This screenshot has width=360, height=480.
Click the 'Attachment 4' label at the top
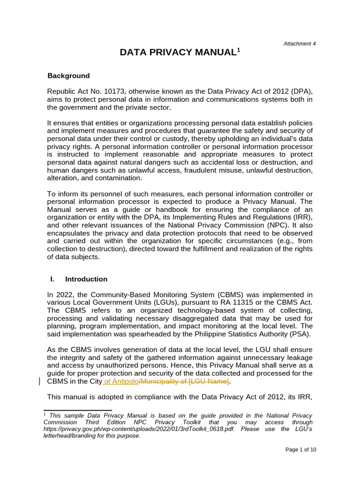pyautogui.click(x=300, y=44)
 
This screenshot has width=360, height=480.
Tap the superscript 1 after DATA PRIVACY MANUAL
pyautogui.click(x=238, y=50)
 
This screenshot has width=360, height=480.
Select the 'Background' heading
pyautogui.click(x=68, y=75)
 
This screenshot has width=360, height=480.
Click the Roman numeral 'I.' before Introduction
pyautogui.click(x=52, y=279)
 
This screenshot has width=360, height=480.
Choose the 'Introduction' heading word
pyautogui.click(x=86, y=279)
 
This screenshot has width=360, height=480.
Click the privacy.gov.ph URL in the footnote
pyautogui.click(x=128, y=428)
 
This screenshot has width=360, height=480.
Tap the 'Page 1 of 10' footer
pyautogui.click(x=301, y=450)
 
